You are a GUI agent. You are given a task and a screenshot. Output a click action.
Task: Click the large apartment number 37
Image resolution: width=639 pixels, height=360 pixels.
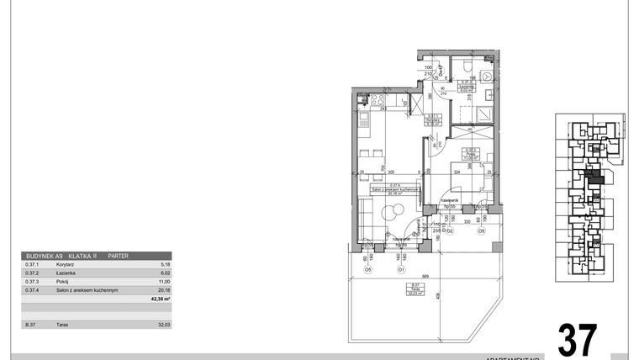578,339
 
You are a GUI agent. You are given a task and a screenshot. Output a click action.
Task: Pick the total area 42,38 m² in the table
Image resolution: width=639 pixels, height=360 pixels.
160,299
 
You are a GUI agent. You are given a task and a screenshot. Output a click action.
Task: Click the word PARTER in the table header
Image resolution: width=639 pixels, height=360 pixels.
119,256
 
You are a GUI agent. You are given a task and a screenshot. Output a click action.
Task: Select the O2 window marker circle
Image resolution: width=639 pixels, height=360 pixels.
449,230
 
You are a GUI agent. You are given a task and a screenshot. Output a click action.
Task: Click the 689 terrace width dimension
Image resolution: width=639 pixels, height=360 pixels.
425,277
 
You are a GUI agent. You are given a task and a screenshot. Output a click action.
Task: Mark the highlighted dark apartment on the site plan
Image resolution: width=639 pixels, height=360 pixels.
594,177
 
